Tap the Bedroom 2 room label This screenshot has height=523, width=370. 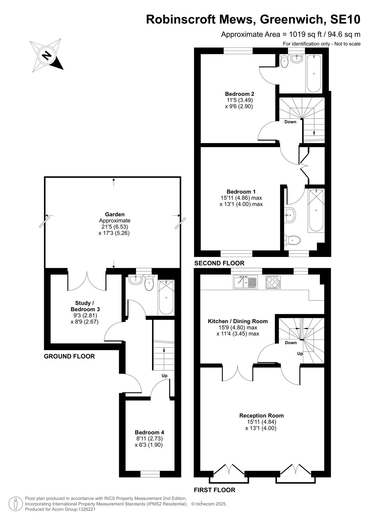click(239, 94)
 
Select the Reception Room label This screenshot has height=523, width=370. click(261, 415)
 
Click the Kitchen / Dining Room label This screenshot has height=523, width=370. click(238, 321)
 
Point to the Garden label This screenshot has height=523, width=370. click(115, 214)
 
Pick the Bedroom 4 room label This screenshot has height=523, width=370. click(150, 432)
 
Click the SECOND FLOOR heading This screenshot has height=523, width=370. click(219, 263)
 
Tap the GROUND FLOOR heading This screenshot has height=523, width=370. click(69, 356)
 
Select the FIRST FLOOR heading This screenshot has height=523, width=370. click(215, 490)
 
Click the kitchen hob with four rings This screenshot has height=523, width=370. click(273, 282)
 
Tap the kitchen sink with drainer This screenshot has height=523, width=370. click(245, 282)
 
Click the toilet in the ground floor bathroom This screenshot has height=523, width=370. click(149, 282)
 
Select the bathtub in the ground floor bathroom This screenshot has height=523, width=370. click(166, 297)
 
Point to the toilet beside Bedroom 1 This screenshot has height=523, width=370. click(292, 240)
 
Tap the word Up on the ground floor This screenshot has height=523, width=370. click(165, 376)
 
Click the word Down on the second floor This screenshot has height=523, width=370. click(290, 122)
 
